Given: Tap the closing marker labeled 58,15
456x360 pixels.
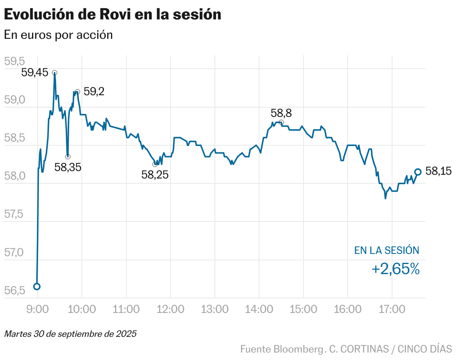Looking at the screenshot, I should pos(418,172).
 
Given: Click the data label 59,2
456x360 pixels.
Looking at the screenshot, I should pos(94,91).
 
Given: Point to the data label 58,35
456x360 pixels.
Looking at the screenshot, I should pos(68,167).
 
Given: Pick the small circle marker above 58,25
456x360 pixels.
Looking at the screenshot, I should pos(155,164).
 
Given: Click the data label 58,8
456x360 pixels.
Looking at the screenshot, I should pos(281,113).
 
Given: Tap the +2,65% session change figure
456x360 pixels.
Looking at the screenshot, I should pos(395,269).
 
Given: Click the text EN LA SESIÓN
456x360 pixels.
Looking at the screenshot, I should pos(386,251).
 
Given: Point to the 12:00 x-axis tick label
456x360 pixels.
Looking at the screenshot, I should pos(170,309).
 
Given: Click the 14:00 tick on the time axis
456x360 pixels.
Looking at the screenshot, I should pos(259,309).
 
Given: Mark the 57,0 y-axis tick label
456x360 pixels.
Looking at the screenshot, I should pos(14,253).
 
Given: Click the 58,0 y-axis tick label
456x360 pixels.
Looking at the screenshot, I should pos(14,176).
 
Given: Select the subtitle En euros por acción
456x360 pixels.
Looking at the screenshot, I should pos(58,35).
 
